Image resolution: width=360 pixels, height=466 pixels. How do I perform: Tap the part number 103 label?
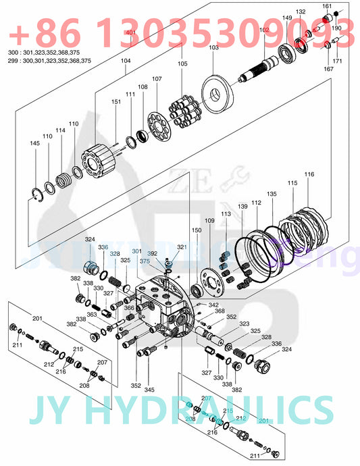213,48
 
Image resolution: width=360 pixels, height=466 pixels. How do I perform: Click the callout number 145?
34,143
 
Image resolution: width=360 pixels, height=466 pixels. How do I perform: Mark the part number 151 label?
116,101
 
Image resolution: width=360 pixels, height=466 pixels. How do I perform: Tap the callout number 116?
309,175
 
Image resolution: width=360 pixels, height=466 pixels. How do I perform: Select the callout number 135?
272,194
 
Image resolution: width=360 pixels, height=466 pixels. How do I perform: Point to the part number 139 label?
242,206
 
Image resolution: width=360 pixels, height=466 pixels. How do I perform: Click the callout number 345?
149,390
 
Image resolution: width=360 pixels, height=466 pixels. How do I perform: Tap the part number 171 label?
337,61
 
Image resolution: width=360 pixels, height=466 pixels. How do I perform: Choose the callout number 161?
327,7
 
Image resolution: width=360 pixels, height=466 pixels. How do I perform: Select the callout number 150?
197,230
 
